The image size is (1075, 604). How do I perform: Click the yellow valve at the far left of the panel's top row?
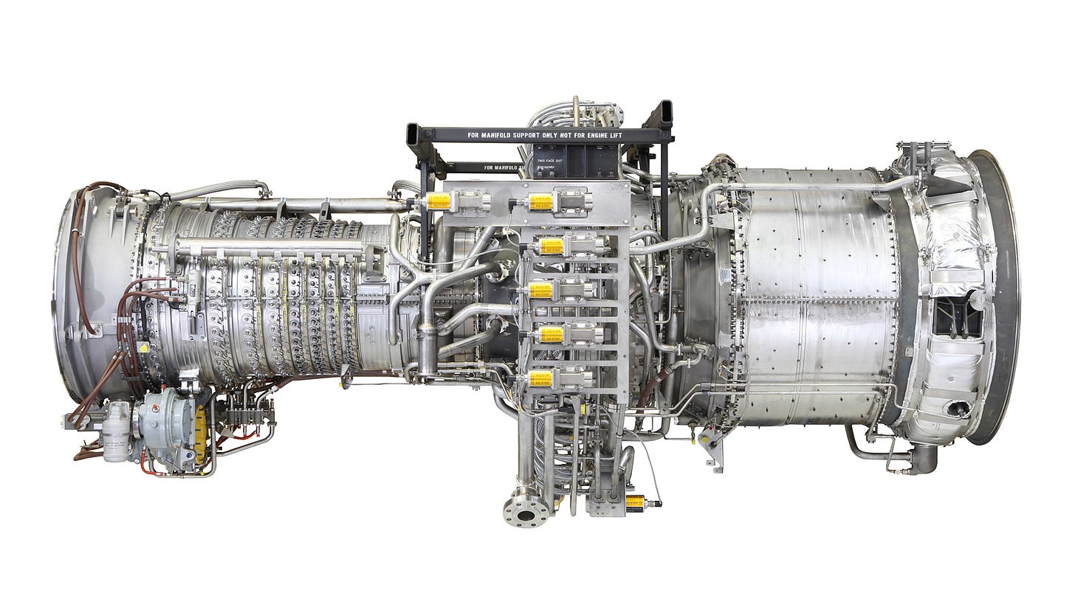tap(439, 201)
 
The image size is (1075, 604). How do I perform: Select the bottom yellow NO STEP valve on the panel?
tap(541, 378)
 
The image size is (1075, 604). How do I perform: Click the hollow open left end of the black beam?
tap(413, 136)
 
